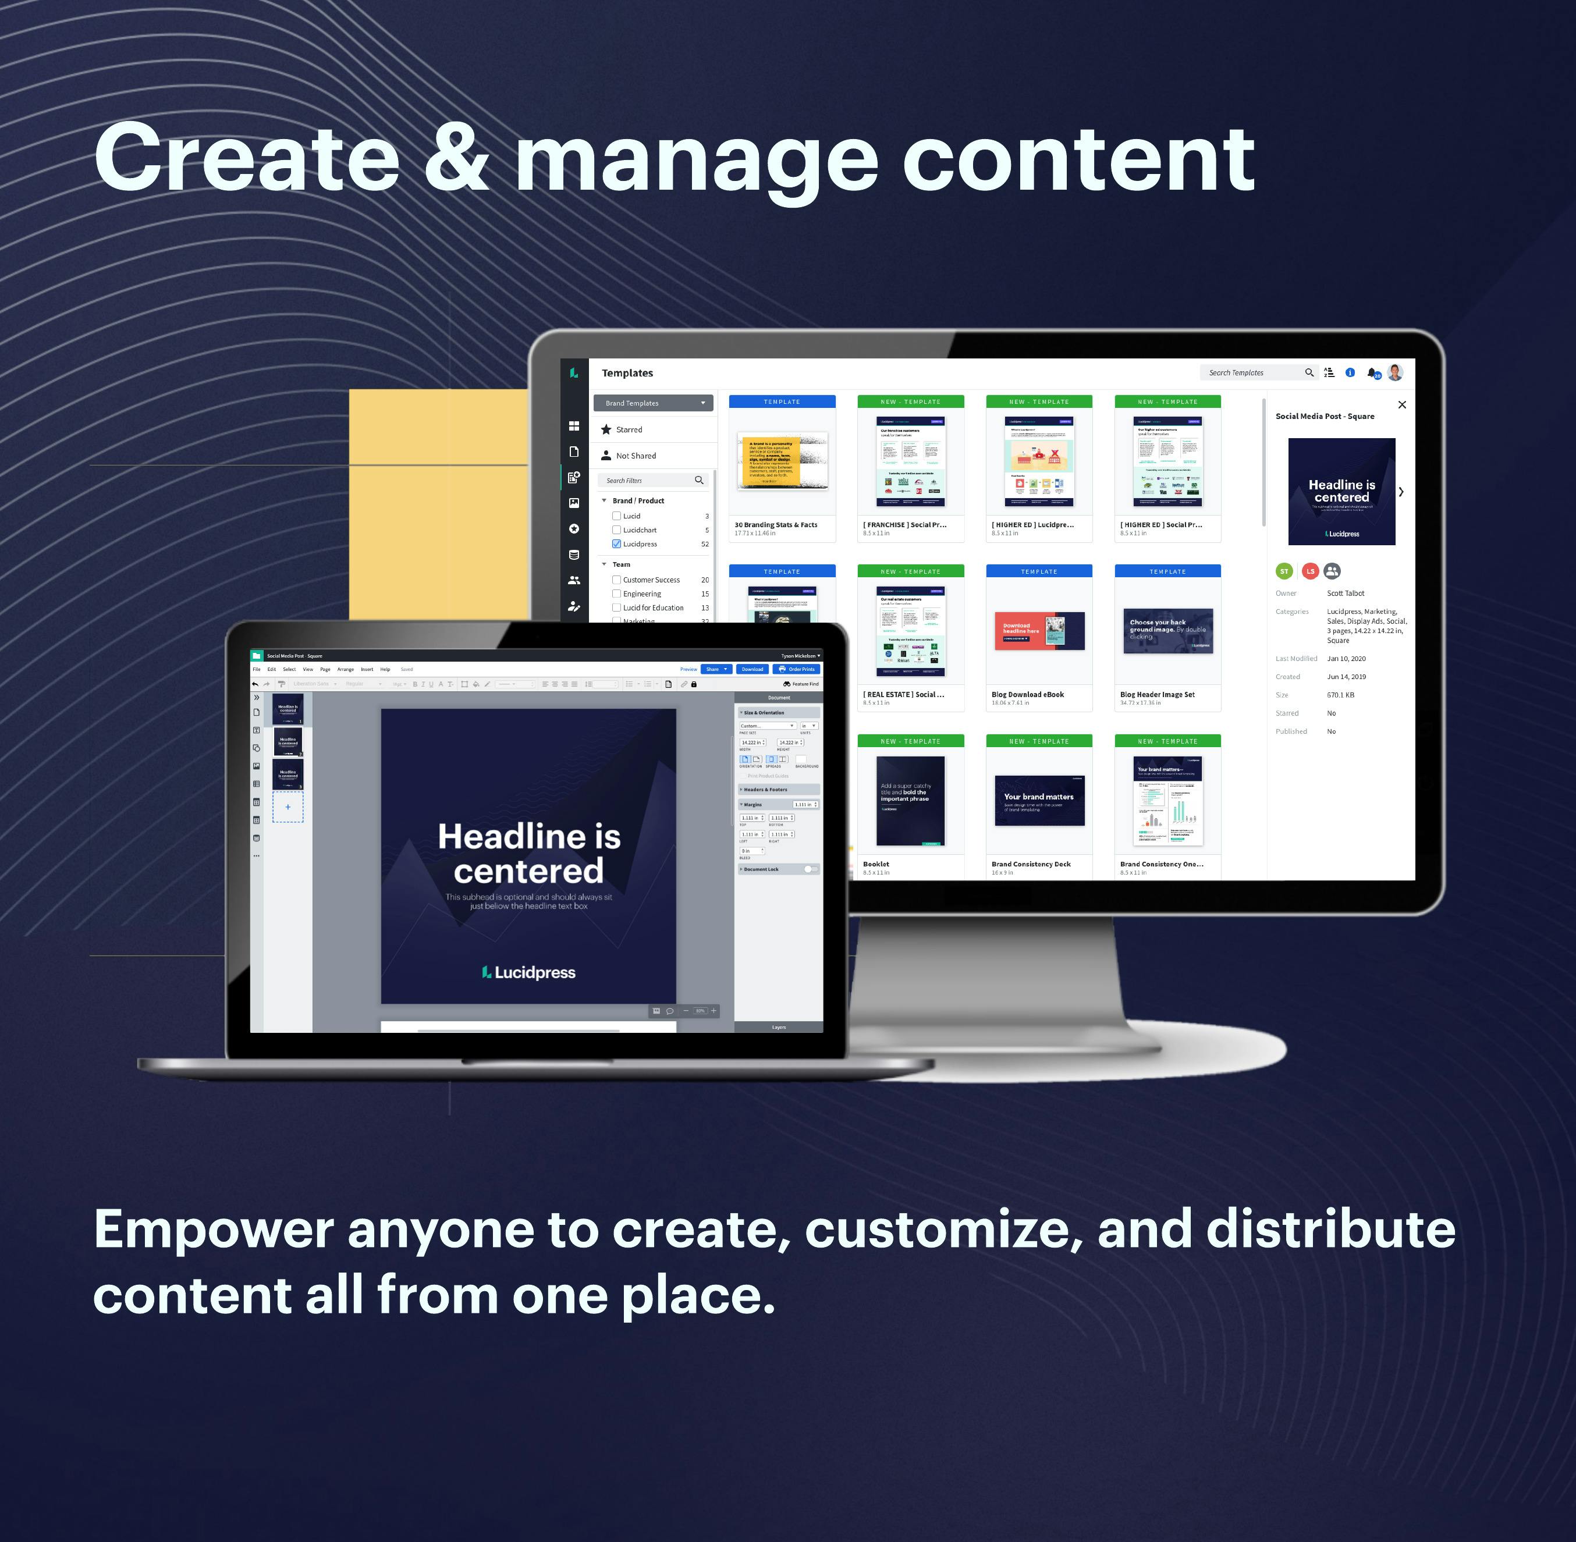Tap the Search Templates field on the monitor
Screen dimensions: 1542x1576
1251,372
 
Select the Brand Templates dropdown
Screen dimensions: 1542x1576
653,403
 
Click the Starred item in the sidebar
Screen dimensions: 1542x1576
629,429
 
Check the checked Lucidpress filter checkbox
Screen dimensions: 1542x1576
616,544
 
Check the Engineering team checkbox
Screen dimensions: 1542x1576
616,594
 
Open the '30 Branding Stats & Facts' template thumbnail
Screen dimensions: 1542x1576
782,461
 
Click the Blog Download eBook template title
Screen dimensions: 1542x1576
1027,694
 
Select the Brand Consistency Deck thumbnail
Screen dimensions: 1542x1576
1039,800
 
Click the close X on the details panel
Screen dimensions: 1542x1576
1402,405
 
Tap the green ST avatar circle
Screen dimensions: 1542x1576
1284,571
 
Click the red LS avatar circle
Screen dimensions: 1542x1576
1309,571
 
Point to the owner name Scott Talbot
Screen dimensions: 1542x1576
1345,594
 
